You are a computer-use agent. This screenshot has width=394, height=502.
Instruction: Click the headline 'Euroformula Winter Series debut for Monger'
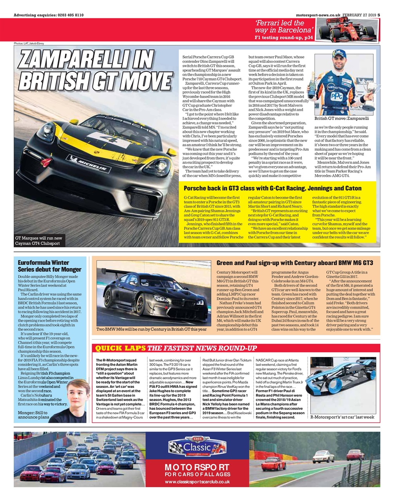point(50,266)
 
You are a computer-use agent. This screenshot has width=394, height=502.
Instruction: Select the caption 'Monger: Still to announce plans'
point(34,415)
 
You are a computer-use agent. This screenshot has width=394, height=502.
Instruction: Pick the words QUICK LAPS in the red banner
point(121,348)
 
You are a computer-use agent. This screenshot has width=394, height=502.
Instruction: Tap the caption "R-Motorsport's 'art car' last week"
point(342,417)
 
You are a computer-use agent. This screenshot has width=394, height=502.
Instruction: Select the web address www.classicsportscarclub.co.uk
point(197,482)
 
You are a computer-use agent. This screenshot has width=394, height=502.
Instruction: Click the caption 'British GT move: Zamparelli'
point(342,118)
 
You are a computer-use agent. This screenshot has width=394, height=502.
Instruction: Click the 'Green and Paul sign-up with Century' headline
point(295,263)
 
